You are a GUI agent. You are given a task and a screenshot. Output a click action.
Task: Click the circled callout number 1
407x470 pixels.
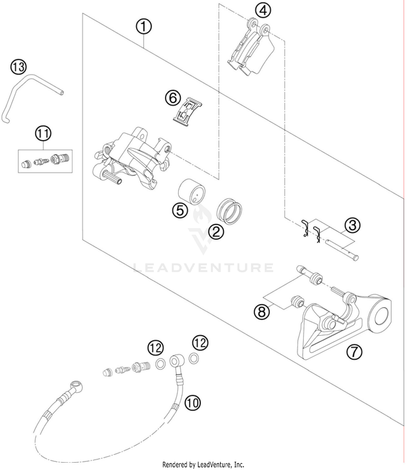click(144, 27)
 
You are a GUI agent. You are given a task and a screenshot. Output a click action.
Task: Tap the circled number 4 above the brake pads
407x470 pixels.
click(263, 11)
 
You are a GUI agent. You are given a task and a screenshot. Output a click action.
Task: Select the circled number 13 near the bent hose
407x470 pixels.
click(18, 67)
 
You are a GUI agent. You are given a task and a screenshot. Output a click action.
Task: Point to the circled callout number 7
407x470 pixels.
click(354, 352)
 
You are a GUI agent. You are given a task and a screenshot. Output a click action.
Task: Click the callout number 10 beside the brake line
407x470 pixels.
click(192, 403)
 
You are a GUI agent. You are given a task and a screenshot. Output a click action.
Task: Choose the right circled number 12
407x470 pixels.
click(200, 343)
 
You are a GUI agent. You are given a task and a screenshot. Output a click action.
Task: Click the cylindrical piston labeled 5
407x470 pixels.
click(192, 191)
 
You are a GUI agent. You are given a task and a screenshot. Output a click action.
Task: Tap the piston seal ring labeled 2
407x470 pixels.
click(229, 211)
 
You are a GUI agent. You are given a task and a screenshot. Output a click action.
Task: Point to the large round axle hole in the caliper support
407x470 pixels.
click(381, 316)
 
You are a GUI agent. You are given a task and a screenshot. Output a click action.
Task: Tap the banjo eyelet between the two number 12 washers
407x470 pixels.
click(176, 361)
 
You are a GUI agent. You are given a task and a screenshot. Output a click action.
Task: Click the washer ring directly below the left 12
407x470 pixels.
click(160, 363)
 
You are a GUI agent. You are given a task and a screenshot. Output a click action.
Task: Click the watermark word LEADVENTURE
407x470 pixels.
click(203, 267)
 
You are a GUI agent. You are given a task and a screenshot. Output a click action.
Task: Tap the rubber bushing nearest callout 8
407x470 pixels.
click(297, 302)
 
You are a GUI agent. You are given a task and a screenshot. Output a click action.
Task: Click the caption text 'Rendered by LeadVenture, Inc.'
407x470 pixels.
click(203, 465)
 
